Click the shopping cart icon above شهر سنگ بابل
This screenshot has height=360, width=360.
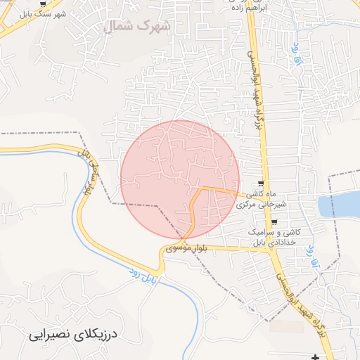click(42, 4)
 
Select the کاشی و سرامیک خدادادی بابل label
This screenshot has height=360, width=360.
click(275, 236)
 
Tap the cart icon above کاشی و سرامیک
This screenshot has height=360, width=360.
click(274, 222)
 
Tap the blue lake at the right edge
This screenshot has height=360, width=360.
click(341, 205)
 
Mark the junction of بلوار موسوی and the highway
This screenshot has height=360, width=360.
click(271, 247)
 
